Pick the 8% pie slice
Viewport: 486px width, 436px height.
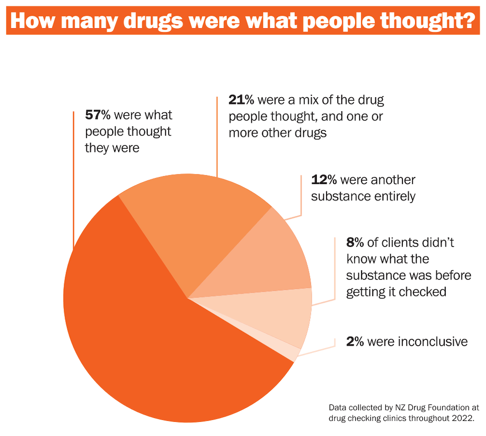282,316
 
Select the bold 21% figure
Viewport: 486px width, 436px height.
242,101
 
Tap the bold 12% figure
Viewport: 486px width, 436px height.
324,180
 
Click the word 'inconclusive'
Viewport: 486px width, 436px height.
433,342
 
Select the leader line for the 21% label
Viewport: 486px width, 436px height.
217,136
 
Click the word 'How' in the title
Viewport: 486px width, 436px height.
35,22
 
